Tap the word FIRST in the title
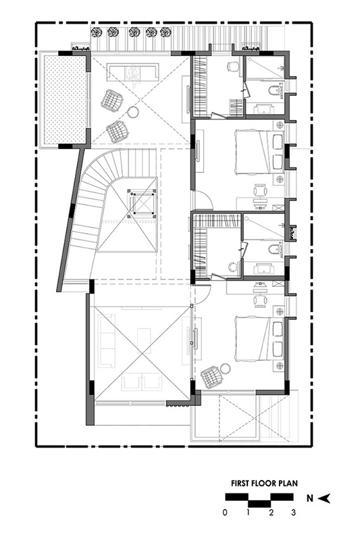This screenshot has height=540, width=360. (x=241, y=483)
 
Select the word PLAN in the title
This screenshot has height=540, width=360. (x=288, y=483)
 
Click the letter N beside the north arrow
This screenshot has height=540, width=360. (x=310, y=498)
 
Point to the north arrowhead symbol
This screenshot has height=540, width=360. (x=324, y=498)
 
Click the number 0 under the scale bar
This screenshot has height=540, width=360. (x=225, y=513)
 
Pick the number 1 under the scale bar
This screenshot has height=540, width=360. (x=248, y=513)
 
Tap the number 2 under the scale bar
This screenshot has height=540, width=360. (x=271, y=513)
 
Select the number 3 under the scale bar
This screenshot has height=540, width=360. (x=294, y=513)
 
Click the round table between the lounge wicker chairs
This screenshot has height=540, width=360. (x=133, y=112)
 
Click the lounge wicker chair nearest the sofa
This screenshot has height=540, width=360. (x=112, y=100)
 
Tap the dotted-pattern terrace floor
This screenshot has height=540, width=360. (x=64, y=100)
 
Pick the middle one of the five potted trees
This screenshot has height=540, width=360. (x=133, y=32)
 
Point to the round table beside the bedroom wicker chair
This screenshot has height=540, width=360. (x=226, y=368)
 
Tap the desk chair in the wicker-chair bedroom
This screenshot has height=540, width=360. (x=260, y=300)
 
